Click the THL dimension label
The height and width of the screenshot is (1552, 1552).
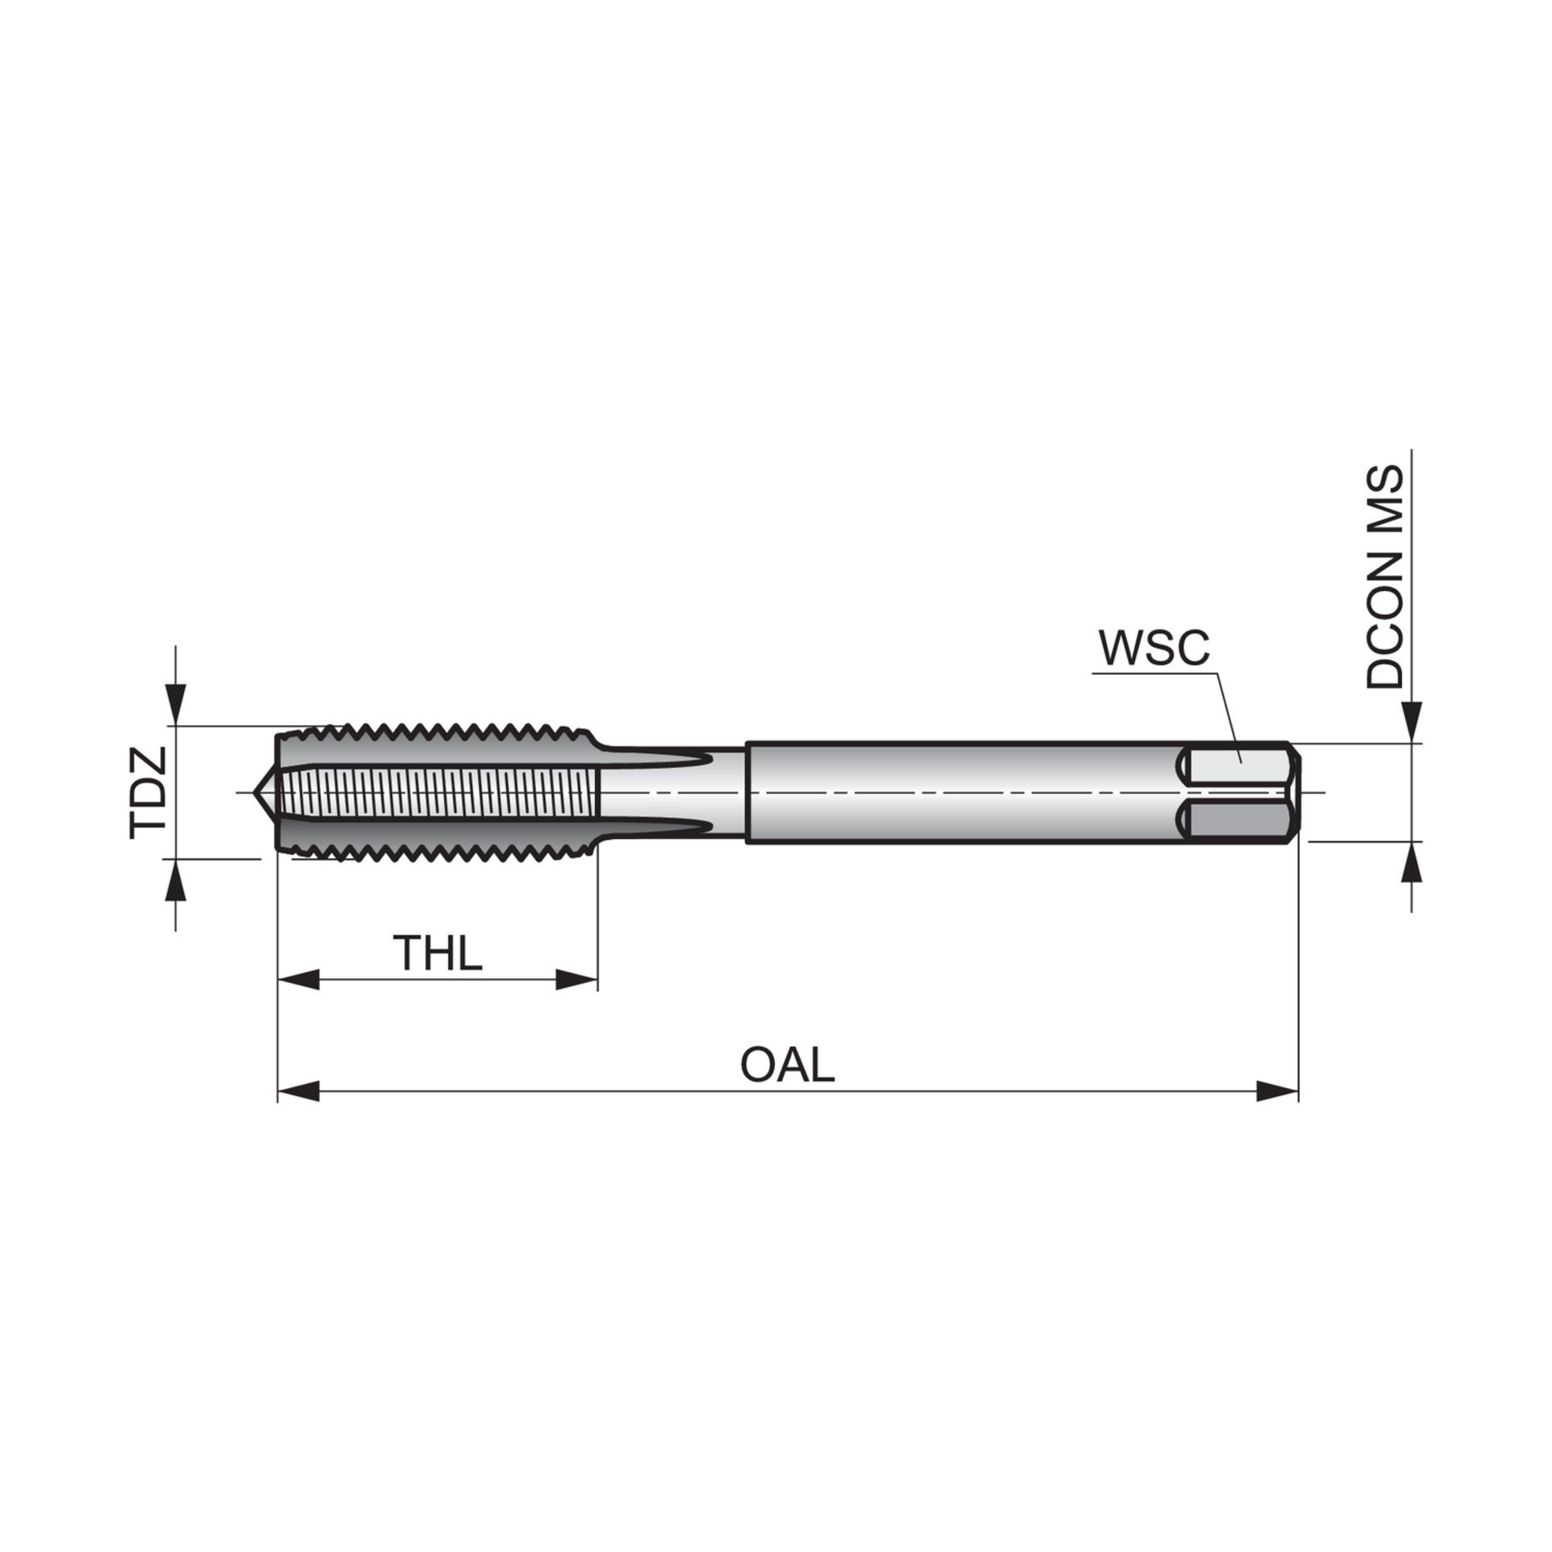point(437,953)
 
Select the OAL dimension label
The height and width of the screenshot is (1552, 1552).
point(787,1065)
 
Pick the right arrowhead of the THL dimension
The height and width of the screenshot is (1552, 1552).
point(577,981)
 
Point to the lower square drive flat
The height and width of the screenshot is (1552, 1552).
point(1237,821)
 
